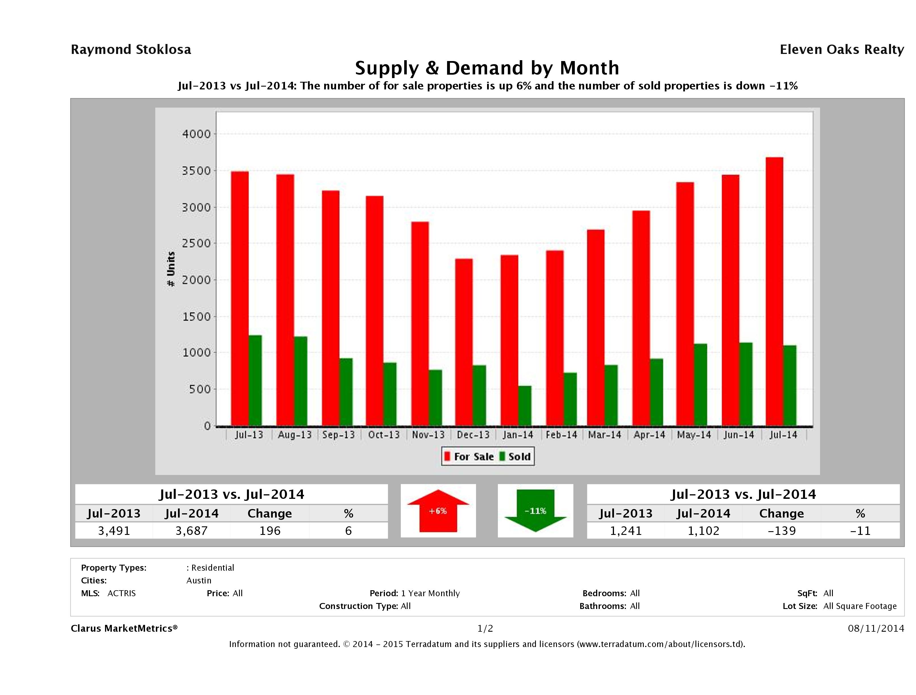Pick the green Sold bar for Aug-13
(x=301, y=381)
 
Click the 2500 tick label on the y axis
(x=196, y=244)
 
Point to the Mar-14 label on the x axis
(x=605, y=435)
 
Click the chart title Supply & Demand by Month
(x=487, y=68)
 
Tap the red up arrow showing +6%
(x=438, y=511)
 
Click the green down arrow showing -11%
(x=535, y=511)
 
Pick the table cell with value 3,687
(x=192, y=531)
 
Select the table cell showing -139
(x=781, y=531)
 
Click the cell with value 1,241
(x=626, y=531)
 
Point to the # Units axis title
(x=171, y=269)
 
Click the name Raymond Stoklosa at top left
(x=131, y=50)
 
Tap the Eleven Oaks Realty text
(x=841, y=50)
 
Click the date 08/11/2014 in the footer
(x=876, y=628)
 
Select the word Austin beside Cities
(x=199, y=580)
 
